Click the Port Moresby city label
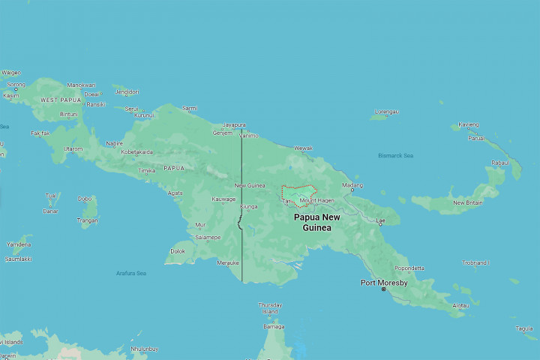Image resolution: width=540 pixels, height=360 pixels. (x=384, y=283)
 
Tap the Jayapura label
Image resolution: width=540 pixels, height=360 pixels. (x=233, y=125)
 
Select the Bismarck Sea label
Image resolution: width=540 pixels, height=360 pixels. (x=396, y=156)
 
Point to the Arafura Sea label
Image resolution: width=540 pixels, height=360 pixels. (x=131, y=273)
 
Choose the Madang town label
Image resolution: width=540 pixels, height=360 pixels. (x=352, y=184)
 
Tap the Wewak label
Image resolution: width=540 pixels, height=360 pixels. (x=303, y=148)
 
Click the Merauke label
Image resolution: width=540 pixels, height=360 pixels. (x=227, y=262)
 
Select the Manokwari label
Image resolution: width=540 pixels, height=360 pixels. (x=82, y=85)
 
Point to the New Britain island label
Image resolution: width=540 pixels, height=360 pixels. (x=469, y=202)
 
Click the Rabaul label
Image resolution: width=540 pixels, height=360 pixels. (x=499, y=163)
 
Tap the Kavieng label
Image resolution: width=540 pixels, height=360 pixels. (x=469, y=124)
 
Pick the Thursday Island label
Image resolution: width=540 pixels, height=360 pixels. (x=270, y=307)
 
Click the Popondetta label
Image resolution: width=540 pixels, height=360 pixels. (x=409, y=268)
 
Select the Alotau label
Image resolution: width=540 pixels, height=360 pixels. (x=461, y=305)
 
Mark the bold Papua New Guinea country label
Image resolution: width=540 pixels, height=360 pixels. (x=316, y=222)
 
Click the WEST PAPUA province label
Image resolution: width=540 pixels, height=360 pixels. (x=59, y=100)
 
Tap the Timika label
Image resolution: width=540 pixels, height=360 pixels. (x=147, y=170)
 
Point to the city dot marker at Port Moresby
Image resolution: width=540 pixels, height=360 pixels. (x=383, y=289)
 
